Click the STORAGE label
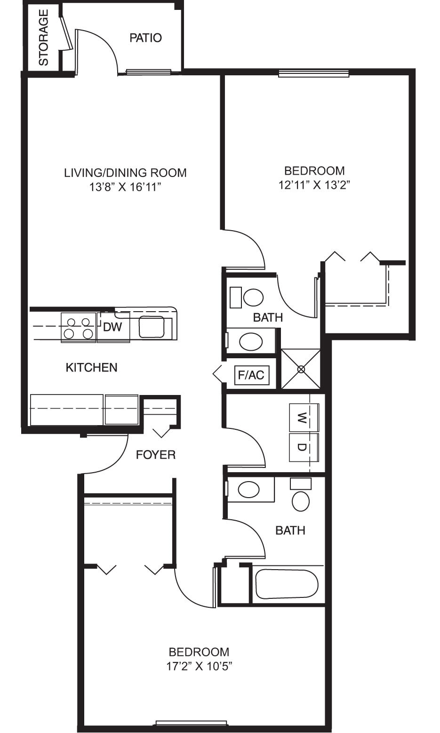[43, 38]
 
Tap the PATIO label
[145, 38]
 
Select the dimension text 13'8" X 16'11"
[125, 187]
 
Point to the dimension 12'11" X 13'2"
[314, 185]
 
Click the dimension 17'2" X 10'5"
[199, 666]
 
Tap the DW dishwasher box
[113, 327]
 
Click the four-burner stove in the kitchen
[78, 328]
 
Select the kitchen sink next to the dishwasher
[152, 327]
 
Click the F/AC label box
[251, 375]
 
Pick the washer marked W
[303, 417]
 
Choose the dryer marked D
[303, 447]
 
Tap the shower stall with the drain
[301, 369]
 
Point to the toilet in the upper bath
[253, 297]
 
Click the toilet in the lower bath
[301, 501]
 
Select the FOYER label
[155, 455]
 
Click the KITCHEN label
[91, 367]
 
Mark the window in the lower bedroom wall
[191, 724]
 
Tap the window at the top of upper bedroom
[313, 73]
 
